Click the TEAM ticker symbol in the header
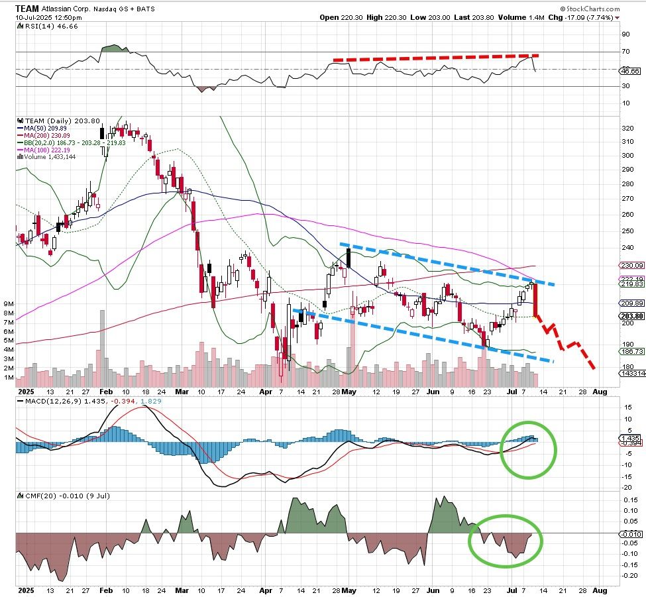(27, 8)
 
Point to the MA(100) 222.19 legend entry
(46, 150)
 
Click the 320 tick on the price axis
(625, 127)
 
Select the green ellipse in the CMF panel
(506, 540)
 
